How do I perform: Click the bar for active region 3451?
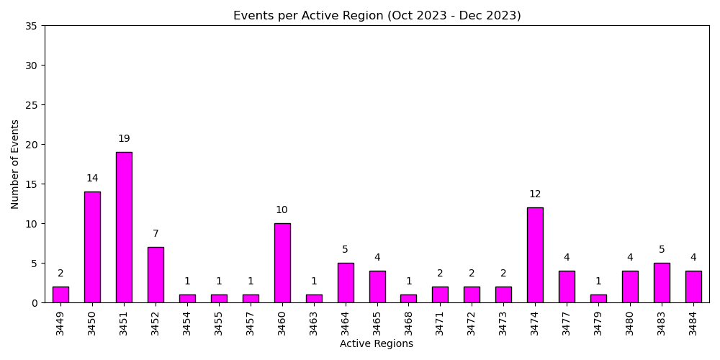point(124,227)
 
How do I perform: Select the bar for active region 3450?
point(92,247)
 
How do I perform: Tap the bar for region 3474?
point(535,255)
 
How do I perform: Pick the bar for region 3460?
point(282,263)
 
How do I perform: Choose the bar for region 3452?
point(156,274)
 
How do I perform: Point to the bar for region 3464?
point(346,282)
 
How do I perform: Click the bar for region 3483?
point(662,282)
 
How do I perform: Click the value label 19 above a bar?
point(124,139)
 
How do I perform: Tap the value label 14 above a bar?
point(92,179)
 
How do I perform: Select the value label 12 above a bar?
point(535,194)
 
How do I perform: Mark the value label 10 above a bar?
point(282,210)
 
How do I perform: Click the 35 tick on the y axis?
point(31,26)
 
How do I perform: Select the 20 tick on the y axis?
point(31,145)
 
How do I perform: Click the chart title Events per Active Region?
point(377,15)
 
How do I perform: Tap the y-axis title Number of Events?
point(15,164)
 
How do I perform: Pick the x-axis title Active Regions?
point(377,344)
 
